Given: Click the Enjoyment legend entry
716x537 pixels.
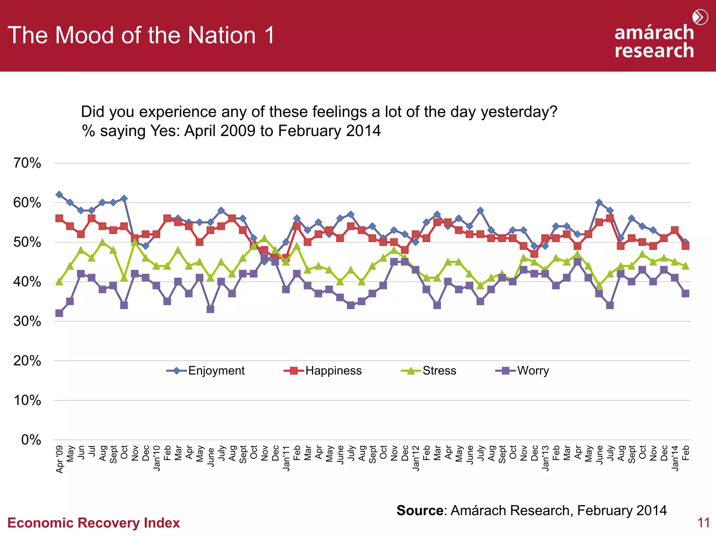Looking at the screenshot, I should [206, 371].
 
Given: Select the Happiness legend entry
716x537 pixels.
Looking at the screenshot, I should [323, 371].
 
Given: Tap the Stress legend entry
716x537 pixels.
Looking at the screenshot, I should [429, 371].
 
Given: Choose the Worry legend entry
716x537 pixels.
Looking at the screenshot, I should [522, 371].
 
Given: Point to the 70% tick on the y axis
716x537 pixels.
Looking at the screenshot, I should [27, 163].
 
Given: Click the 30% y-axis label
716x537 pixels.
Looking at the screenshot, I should [27, 321].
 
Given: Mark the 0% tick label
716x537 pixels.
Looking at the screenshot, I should [31, 440].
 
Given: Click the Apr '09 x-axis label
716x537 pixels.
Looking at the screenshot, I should [60, 459].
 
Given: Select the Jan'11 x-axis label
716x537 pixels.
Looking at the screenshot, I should [286, 458].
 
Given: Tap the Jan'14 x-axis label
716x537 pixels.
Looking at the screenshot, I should [675, 458].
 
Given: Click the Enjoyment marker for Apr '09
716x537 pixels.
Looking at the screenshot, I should [59, 195].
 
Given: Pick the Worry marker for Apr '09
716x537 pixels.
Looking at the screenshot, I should [59, 313].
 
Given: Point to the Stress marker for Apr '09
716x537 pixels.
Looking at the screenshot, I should [59, 281].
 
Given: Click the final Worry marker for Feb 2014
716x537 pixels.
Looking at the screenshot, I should [686, 293].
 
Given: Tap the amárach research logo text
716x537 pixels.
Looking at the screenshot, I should [654, 42].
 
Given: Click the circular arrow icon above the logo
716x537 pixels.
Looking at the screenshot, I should [700, 17].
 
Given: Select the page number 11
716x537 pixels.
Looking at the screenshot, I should [703, 523].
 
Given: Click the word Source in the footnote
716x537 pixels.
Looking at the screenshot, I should [420, 510].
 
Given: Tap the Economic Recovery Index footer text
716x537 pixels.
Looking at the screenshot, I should [93, 523].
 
